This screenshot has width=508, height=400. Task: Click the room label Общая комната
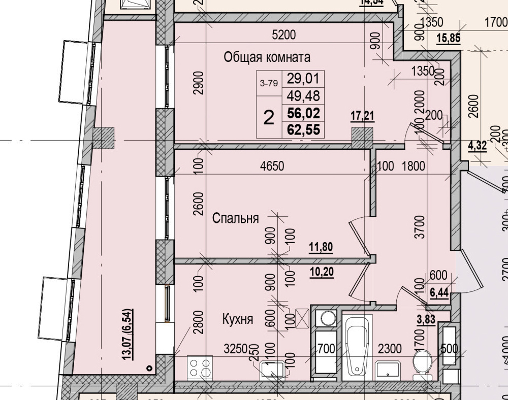pos(267,57)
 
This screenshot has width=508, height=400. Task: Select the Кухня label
pos(238,319)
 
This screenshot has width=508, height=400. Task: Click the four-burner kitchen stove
pos(200,368)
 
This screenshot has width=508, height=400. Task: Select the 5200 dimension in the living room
pos(284,35)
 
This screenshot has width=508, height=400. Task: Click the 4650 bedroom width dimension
pos(272,165)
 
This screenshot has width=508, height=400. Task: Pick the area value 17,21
pos(362,116)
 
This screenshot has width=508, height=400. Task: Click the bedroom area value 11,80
pos(321,247)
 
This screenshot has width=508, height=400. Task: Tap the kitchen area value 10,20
pos(321,272)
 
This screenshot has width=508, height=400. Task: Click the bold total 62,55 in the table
pos(303,130)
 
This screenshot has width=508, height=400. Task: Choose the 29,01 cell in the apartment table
pos(303,79)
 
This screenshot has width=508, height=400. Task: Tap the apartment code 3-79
pos(269,84)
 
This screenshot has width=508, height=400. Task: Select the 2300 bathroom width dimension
pos(390,349)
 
